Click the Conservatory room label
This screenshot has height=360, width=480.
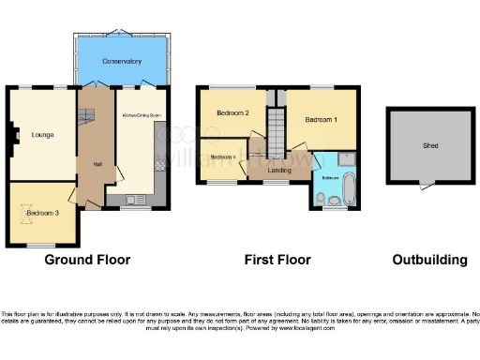pos(123,61)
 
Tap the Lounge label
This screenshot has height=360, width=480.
pos(40,134)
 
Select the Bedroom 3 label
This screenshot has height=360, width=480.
pos(42,213)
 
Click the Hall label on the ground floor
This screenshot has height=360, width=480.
pos(97,164)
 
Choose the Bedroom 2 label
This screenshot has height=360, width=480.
pos(232,113)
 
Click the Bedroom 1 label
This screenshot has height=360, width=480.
pos(321,119)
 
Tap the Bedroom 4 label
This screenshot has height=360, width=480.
pos(221,156)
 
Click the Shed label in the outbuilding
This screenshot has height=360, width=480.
pos(430,145)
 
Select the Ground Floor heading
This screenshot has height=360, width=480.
pos(87,260)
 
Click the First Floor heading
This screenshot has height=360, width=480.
pos(277,260)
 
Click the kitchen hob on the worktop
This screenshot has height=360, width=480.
pos(159,164)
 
